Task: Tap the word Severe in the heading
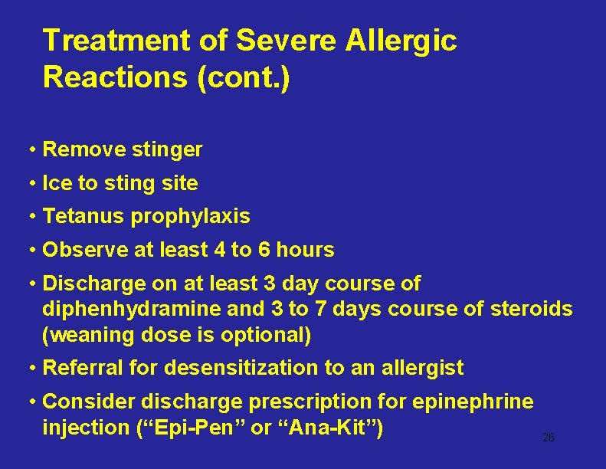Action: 285,41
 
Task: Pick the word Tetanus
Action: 84,217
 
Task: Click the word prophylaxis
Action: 191,217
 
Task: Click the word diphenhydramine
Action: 122,309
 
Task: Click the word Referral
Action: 81,368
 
